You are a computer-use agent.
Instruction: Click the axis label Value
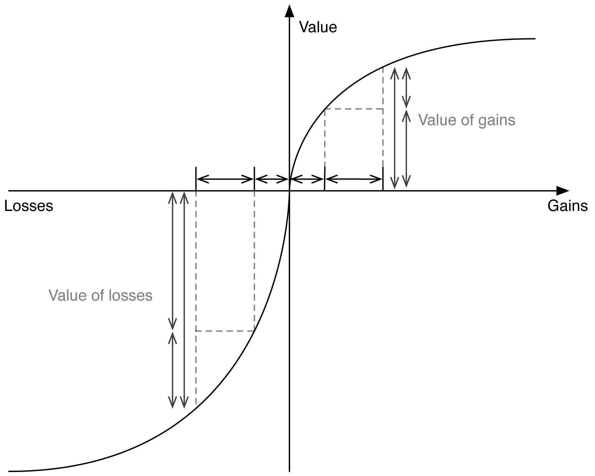[318, 27]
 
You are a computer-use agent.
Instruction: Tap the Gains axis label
[567, 206]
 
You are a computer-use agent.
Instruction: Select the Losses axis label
[29, 206]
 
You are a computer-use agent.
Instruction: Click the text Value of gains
[466, 120]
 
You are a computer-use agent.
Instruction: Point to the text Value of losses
[100, 296]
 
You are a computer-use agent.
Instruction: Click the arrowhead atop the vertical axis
[290, 11]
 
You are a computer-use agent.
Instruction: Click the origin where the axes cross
[290, 191]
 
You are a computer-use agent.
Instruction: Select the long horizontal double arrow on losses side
[225, 179]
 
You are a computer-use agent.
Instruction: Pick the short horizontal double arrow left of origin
[272, 179]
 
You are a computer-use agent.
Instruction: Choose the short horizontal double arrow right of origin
[307, 179]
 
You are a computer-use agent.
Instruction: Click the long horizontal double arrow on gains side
[354, 179]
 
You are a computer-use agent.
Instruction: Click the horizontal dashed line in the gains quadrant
[354, 109]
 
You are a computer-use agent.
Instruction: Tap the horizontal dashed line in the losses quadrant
[225, 331]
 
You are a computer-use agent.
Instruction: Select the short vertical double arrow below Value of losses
[172, 369]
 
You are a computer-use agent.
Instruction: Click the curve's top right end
[534, 39]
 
